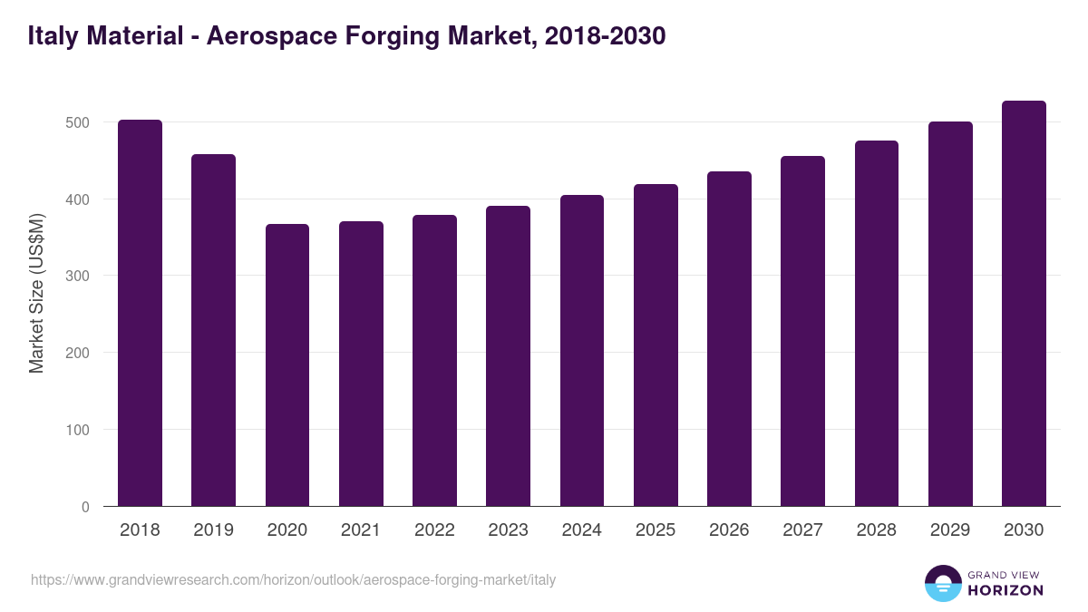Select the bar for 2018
(140, 313)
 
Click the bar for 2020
(287, 364)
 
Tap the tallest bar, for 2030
(1024, 304)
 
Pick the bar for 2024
(582, 350)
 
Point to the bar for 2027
(802, 331)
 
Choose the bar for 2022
(434, 360)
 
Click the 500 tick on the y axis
(78, 122)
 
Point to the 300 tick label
(78, 276)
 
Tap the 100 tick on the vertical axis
(78, 430)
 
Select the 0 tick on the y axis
(85, 507)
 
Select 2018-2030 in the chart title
(606, 36)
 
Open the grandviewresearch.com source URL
(293, 579)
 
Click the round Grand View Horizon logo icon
(942, 583)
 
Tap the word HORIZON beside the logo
(1005, 590)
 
